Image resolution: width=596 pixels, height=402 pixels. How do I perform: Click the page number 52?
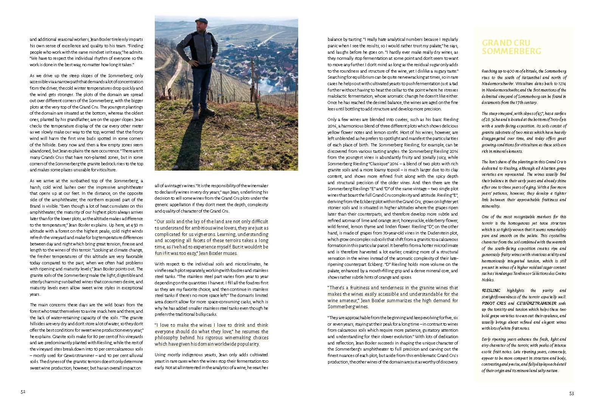23,393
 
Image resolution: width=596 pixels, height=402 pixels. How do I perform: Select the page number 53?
571,393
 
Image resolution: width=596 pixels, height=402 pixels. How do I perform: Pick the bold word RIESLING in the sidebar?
491,290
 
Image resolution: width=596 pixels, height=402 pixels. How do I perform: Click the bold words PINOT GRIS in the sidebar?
494,303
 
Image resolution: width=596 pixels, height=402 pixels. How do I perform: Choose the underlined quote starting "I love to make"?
212,334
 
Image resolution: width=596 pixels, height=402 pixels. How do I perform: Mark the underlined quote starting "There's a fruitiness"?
392,297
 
